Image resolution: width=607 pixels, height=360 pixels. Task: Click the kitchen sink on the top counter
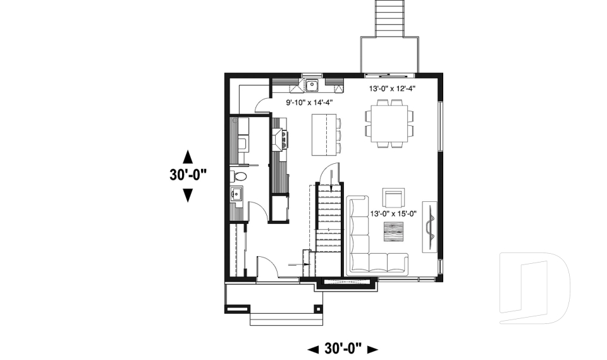(312, 85)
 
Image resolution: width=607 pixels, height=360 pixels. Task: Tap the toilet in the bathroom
(238, 175)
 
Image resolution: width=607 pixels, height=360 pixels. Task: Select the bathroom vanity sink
(237, 194)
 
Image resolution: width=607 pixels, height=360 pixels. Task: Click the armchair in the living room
(393, 198)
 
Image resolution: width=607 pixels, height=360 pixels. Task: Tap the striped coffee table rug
(393, 232)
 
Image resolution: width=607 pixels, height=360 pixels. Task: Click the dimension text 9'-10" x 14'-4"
(309, 102)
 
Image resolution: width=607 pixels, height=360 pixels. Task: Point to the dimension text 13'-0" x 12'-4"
(392, 89)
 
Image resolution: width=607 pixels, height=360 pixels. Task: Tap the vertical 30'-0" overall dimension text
(188, 175)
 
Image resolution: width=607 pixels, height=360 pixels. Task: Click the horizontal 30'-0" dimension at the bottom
(342, 348)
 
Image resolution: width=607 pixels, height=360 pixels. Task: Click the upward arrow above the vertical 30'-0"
(188, 156)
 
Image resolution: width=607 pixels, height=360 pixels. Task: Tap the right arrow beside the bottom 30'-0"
(372, 349)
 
